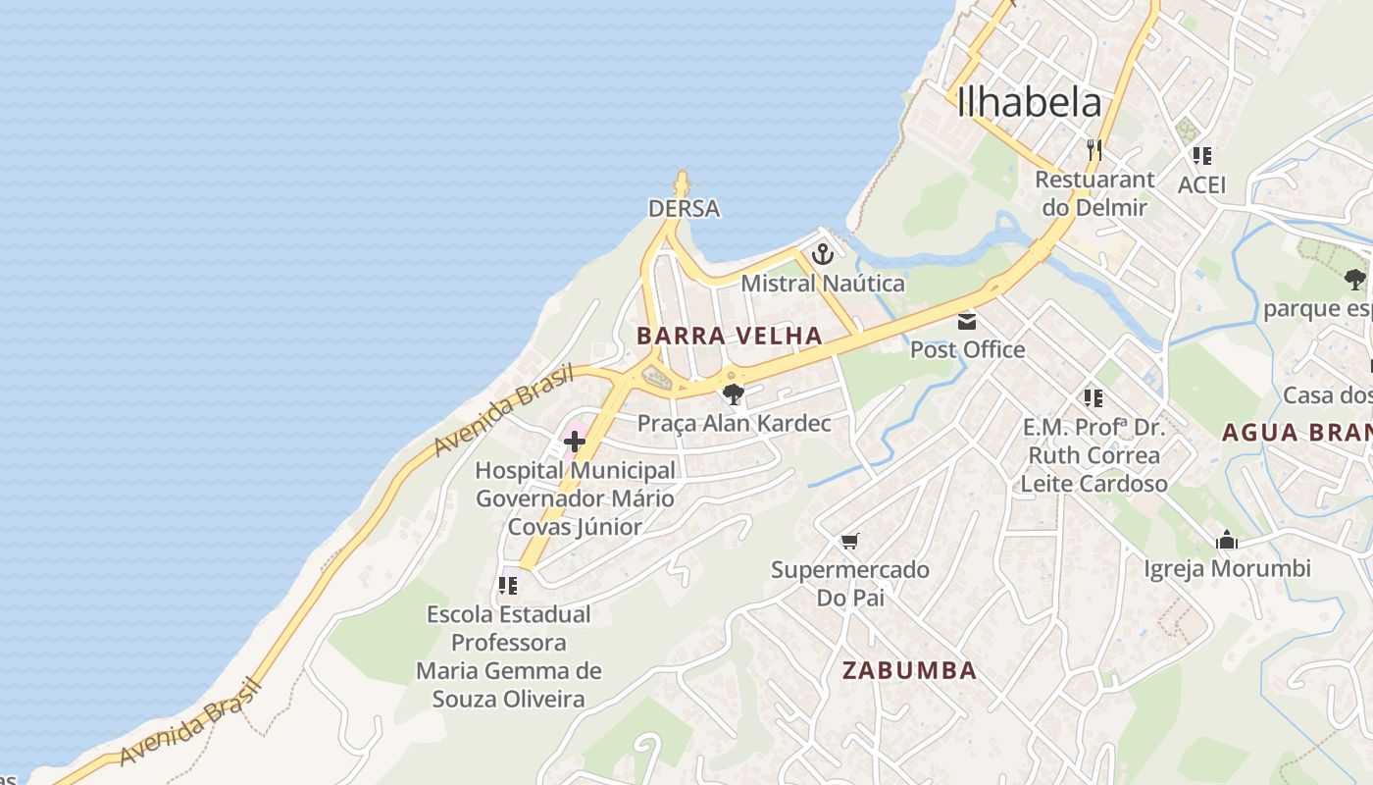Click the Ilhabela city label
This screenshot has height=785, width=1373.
click(x=1029, y=102)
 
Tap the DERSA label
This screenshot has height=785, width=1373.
click(x=684, y=208)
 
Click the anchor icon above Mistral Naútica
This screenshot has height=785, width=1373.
click(x=822, y=255)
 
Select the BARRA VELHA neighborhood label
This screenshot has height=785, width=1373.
click(x=730, y=336)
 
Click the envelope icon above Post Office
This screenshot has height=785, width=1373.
click(x=967, y=321)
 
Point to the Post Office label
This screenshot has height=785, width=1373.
click(x=967, y=349)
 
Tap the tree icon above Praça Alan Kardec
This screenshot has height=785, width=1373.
click(x=733, y=394)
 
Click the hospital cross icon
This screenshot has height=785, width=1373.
click(x=575, y=442)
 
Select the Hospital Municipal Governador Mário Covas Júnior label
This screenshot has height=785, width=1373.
click(x=575, y=498)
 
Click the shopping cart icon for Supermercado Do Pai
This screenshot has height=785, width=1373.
click(x=849, y=541)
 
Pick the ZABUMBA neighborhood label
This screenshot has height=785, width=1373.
click(x=909, y=670)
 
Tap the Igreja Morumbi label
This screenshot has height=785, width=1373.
click(x=1227, y=568)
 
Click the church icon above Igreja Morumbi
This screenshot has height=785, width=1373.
click(x=1226, y=540)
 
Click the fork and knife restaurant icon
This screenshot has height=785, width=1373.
click(x=1094, y=150)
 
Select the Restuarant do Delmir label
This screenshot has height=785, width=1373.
click(x=1094, y=193)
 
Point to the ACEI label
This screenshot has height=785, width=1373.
click(x=1201, y=184)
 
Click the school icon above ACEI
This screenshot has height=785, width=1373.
click(x=1201, y=155)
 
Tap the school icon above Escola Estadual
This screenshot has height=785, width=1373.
click(x=508, y=586)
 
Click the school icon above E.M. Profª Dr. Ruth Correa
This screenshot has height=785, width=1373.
click(x=1093, y=397)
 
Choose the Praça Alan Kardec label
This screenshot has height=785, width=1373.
click(x=734, y=423)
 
